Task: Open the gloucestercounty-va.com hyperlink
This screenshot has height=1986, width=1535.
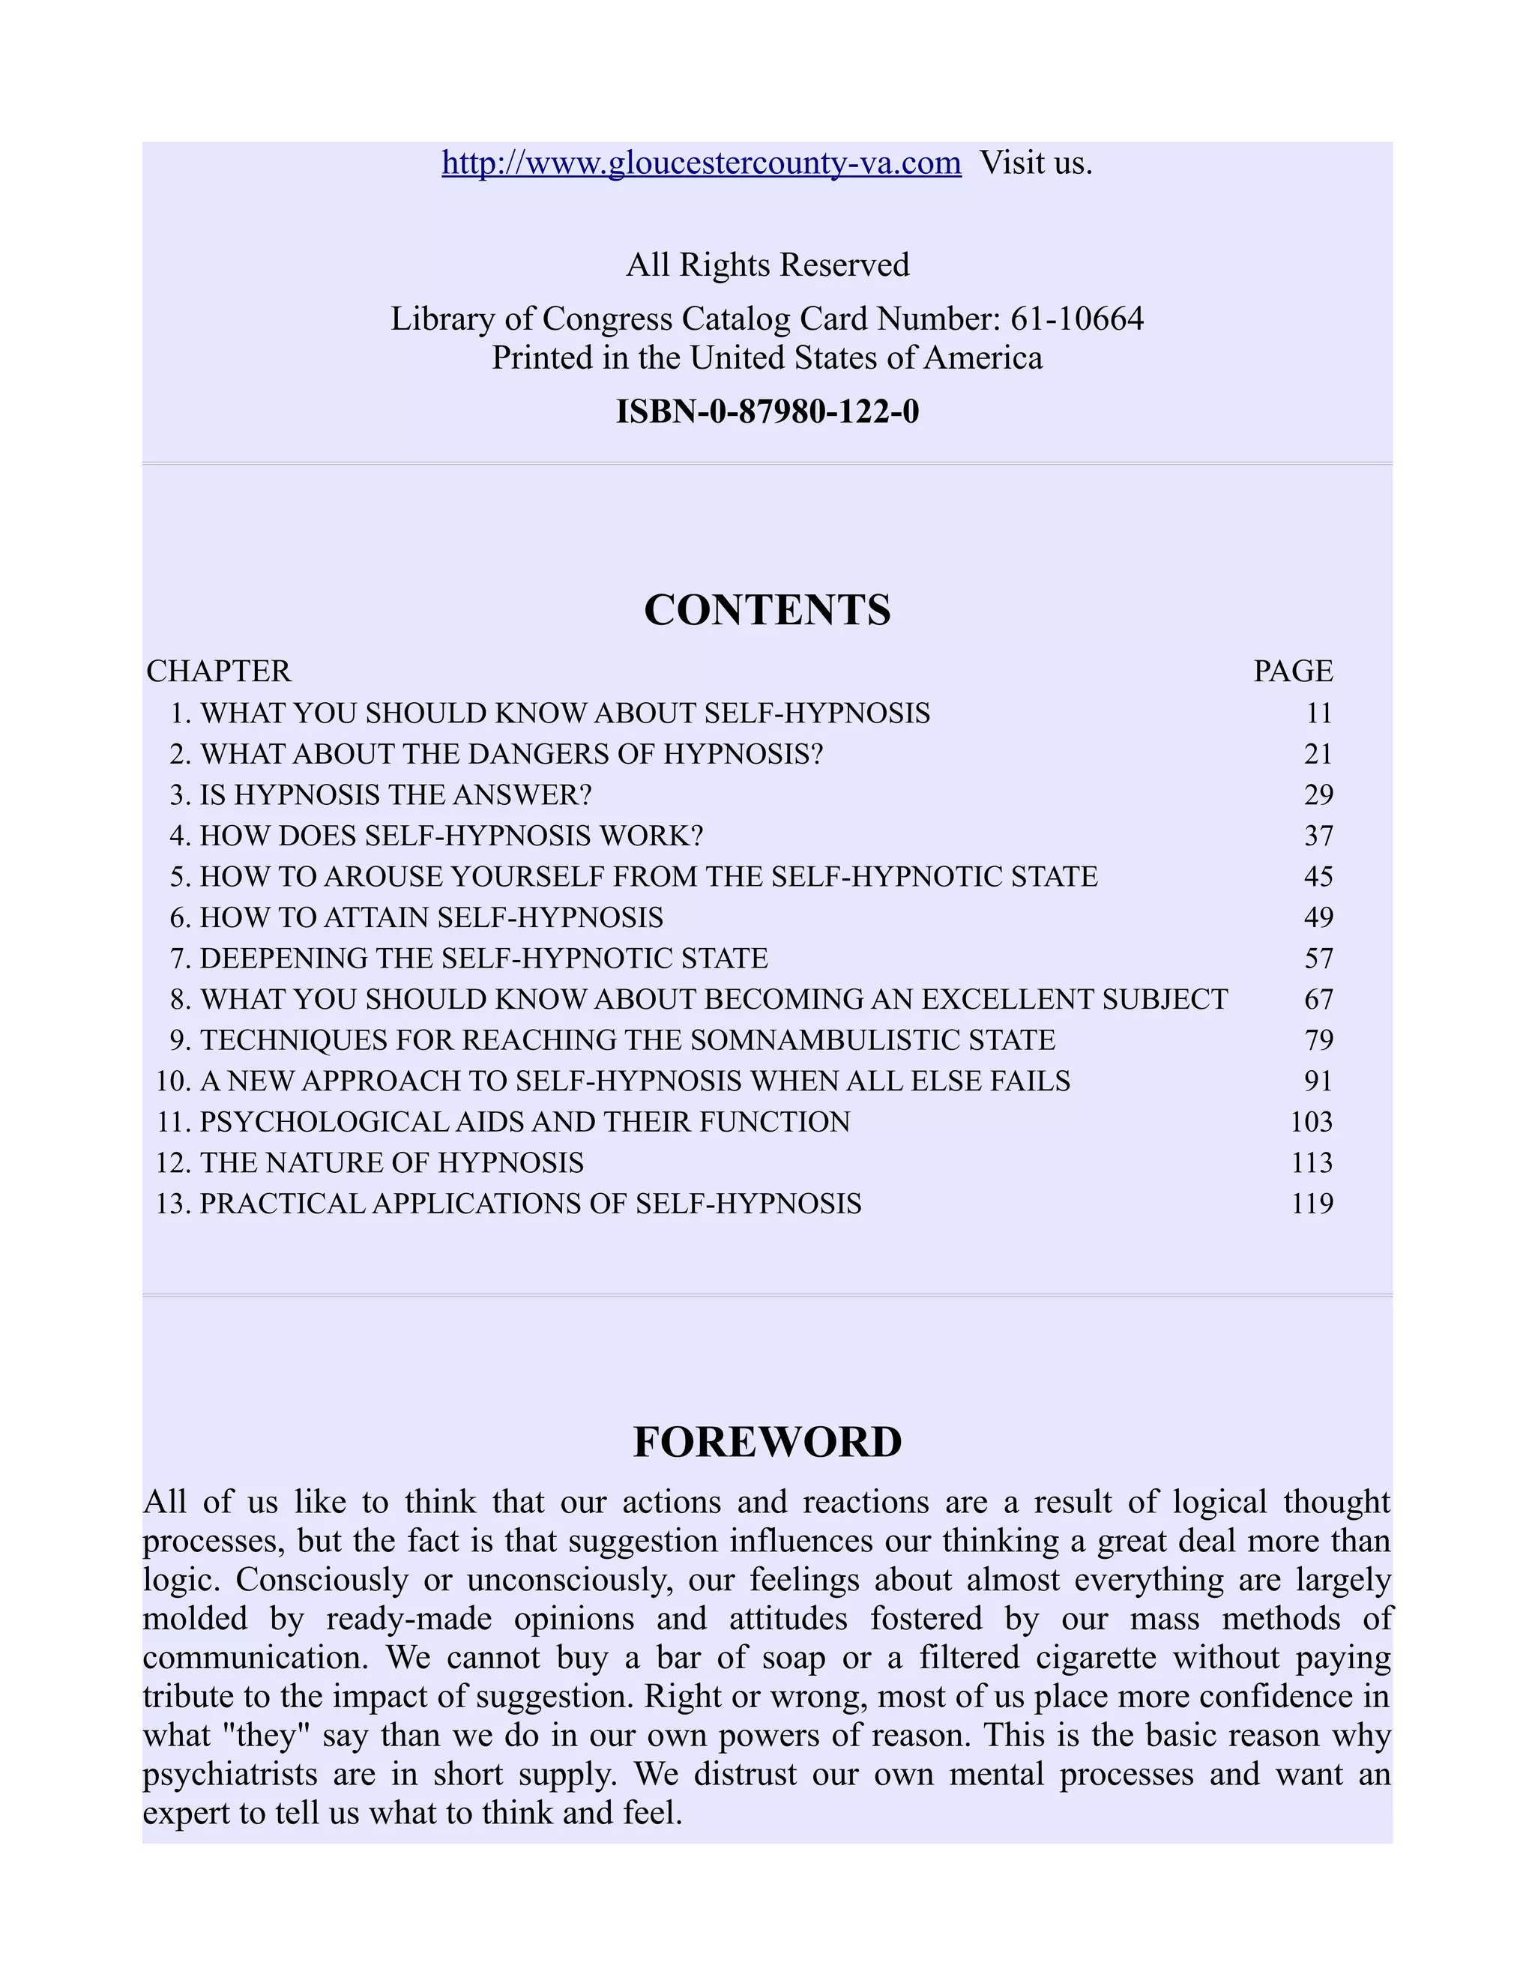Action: [701, 163]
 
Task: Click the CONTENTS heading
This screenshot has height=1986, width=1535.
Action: [767, 610]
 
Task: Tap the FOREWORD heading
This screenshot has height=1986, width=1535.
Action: [767, 1442]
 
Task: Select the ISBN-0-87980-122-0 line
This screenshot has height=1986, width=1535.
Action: [767, 412]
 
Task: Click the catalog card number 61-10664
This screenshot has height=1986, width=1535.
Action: [1077, 319]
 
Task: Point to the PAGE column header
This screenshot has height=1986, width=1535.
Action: [1292, 671]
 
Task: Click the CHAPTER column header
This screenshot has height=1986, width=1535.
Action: [219, 671]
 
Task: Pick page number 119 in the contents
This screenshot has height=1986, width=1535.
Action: [1312, 1204]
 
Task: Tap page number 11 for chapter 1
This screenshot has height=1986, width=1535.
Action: [1318, 713]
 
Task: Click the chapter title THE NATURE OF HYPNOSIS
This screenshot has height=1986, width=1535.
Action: [392, 1163]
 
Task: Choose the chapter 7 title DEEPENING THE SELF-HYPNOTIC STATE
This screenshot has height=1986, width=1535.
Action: [483, 959]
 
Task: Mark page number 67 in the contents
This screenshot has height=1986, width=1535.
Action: [1318, 999]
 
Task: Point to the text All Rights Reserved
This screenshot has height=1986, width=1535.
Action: [767, 265]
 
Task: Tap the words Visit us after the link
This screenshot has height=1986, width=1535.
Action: [1035, 163]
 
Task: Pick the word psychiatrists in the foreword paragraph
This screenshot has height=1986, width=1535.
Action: [230, 1775]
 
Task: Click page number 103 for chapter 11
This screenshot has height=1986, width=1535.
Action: [1312, 1122]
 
